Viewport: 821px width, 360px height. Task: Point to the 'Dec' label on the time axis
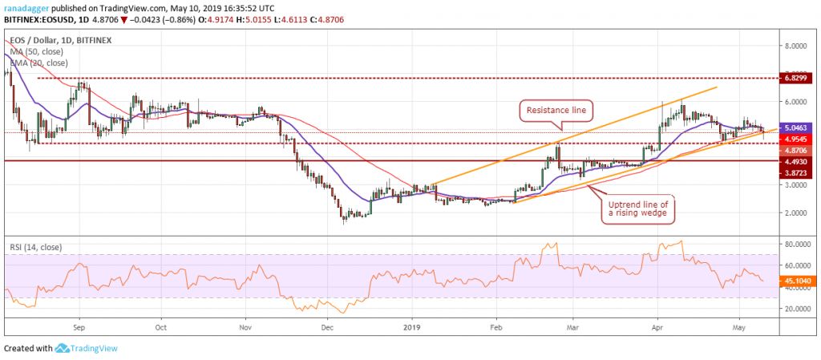[x=326, y=327]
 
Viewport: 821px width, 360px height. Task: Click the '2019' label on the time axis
[x=412, y=327]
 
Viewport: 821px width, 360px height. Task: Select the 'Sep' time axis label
[x=79, y=327]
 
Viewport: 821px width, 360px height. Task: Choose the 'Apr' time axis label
[x=657, y=327]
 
